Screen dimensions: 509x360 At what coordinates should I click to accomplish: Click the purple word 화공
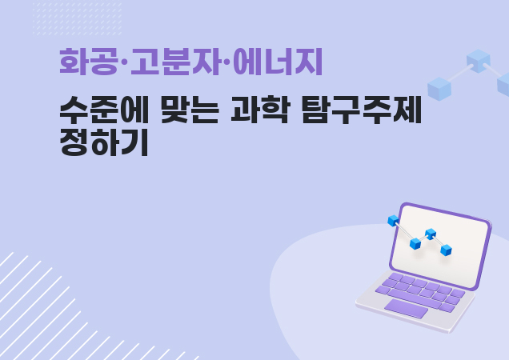tap(89, 62)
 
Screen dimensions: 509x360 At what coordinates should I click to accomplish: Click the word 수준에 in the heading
tap(104, 110)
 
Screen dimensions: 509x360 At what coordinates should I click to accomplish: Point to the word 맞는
tap(190, 110)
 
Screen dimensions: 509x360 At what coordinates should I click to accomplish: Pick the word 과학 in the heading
tap(259, 110)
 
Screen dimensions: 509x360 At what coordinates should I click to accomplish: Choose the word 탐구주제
tap(362, 110)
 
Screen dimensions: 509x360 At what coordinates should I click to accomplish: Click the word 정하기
tap(104, 142)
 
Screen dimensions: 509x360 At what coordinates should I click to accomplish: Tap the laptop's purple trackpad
tap(406, 308)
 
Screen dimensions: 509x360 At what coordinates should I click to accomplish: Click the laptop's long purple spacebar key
tap(414, 298)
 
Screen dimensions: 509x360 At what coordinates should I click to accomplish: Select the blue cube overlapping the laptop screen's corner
tap(394, 221)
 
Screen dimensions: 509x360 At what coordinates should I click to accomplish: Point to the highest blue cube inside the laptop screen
tap(431, 234)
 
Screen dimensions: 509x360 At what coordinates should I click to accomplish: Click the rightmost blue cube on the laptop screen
tap(447, 250)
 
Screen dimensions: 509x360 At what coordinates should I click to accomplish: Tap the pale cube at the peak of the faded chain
tap(478, 61)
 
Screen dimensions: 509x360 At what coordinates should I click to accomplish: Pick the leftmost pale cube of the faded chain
tap(439, 89)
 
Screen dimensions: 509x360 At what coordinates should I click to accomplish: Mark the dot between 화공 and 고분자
tap(124, 62)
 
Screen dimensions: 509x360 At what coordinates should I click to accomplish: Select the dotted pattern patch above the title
tap(78, 19)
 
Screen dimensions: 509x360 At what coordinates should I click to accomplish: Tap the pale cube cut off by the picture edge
tap(503, 85)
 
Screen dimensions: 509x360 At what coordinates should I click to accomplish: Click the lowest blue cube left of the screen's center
tap(415, 243)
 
